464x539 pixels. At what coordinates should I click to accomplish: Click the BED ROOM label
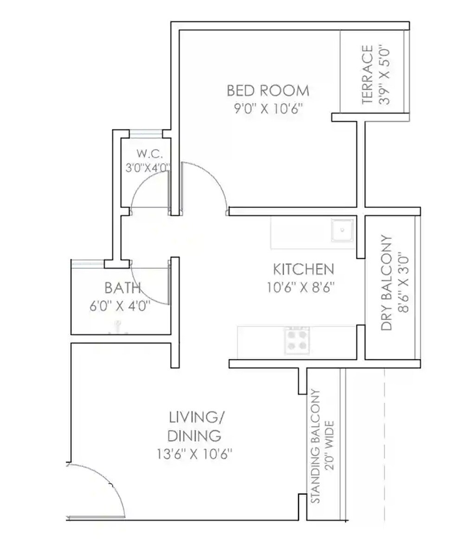click(x=268, y=90)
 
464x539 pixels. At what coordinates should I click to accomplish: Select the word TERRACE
click(x=367, y=74)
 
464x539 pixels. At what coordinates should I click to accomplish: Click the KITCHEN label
click(x=303, y=269)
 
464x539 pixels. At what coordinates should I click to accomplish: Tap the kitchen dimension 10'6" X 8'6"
click(x=301, y=288)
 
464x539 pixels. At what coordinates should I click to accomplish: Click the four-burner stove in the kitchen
click(x=297, y=340)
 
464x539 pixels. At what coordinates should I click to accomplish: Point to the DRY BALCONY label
click(x=387, y=283)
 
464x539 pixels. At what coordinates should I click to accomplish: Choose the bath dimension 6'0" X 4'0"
click(x=120, y=307)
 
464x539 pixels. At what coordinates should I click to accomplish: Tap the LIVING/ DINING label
click(x=195, y=426)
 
